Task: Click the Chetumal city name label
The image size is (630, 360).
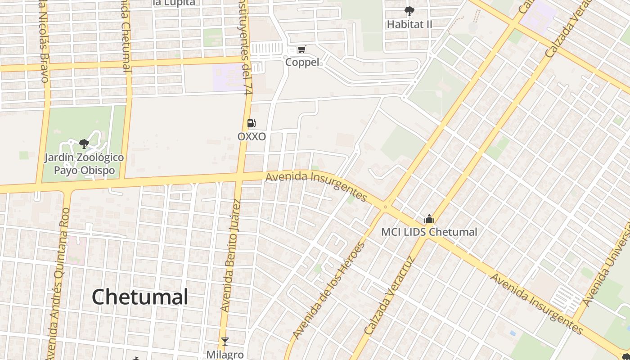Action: click(140, 297)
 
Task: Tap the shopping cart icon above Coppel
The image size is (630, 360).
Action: click(301, 49)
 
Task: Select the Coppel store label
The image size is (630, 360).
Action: click(302, 62)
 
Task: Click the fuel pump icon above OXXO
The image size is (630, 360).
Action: click(252, 123)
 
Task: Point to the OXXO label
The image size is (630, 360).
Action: click(252, 136)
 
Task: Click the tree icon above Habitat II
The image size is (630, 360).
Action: click(409, 11)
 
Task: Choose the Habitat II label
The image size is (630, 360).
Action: click(409, 24)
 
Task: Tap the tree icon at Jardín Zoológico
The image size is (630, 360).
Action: click(84, 144)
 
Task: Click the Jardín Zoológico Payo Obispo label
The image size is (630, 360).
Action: click(84, 164)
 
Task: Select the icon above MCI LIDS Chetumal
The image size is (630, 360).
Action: click(429, 219)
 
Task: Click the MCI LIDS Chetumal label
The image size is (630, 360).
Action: click(429, 232)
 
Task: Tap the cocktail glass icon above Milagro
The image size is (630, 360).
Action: click(225, 342)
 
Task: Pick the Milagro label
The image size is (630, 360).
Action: click(225, 355)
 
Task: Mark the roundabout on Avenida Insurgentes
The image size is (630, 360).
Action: click(385, 207)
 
